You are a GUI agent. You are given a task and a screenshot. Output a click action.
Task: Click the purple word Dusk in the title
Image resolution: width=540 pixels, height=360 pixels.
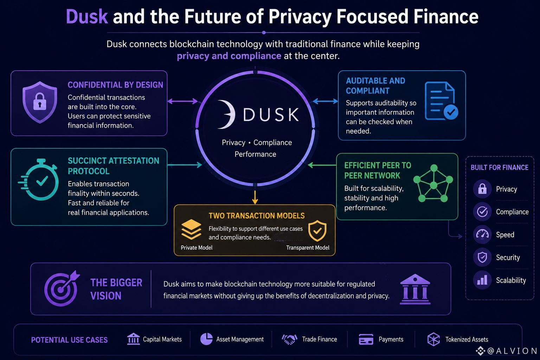click(87, 17)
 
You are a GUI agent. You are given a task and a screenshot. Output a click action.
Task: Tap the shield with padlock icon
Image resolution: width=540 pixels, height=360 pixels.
click(40, 102)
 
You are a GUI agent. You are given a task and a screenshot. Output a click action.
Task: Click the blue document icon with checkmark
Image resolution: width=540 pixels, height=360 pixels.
click(441, 101)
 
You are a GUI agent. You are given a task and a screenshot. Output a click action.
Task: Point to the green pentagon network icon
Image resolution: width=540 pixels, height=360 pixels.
click(433, 183)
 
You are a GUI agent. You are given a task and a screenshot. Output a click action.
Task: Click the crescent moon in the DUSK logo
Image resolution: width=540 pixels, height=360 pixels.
click(227, 114)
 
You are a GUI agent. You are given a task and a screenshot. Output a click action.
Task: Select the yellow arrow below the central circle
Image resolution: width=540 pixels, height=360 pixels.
click(255, 197)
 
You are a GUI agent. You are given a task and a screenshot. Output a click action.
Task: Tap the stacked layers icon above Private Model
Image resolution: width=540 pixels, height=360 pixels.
click(191, 229)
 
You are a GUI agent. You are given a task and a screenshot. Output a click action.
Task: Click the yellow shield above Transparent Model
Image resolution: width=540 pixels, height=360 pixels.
click(317, 231)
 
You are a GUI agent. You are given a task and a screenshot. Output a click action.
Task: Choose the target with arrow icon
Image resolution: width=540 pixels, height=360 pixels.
click(62, 288)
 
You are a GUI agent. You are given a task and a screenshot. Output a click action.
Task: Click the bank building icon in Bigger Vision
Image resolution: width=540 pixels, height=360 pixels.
click(415, 289)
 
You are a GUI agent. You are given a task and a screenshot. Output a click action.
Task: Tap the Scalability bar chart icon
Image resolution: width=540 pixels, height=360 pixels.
click(482, 280)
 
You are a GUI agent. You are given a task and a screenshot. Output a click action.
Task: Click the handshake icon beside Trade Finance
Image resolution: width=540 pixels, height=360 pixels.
click(290, 339)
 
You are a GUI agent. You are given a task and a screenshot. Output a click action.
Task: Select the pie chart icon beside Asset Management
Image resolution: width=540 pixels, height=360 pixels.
click(206, 339)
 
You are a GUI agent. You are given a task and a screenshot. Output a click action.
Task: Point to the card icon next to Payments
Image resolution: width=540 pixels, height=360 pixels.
click(366, 339)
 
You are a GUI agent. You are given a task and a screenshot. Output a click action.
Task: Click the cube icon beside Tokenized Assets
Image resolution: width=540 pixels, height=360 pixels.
click(433, 339)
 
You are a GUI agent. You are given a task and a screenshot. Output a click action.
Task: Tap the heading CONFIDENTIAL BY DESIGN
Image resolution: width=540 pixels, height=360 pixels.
click(115, 85)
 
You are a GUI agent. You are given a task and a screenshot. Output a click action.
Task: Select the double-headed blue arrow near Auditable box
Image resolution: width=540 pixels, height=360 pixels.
click(325, 101)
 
